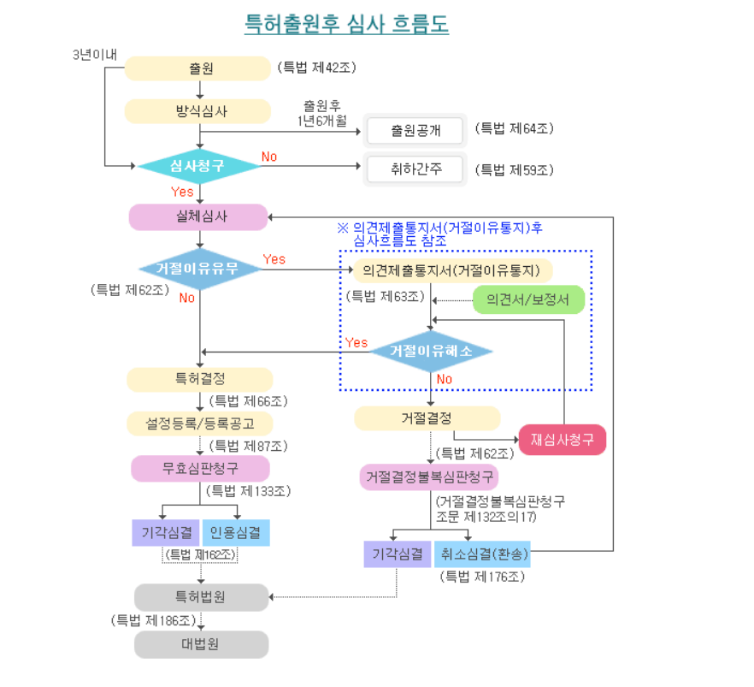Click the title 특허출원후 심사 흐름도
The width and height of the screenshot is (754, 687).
coord(346,23)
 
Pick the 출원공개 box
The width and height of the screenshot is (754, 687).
coord(415,131)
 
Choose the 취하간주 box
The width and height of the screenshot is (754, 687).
coord(415,169)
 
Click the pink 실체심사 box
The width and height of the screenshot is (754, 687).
coord(198,217)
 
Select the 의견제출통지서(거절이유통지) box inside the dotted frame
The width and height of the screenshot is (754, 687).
coord(451,270)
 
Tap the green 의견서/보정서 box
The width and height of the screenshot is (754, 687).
coord(528,299)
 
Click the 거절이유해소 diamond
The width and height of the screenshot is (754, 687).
coord(431,351)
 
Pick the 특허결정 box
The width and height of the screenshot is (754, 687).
coord(199,379)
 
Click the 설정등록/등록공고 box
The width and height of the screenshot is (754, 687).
coord(199,423)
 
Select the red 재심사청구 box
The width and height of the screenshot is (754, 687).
coord(562,440)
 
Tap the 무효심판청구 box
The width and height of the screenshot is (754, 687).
coord(200,468)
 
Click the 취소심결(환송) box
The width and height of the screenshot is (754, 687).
coord(483,554)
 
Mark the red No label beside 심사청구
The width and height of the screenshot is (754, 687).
coord(269,157)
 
